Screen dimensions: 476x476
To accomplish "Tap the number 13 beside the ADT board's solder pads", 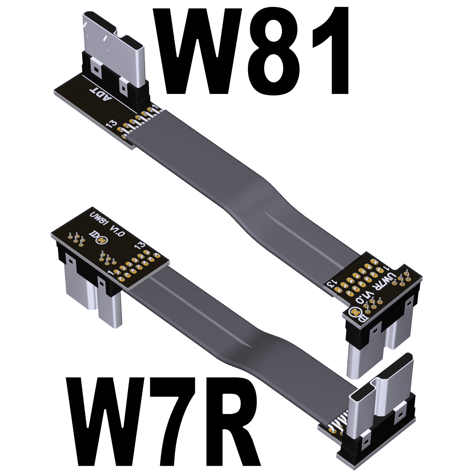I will point(112,123).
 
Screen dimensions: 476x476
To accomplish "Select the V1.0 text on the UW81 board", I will point(118,230).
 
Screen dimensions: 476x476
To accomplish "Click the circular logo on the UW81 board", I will point(102,240).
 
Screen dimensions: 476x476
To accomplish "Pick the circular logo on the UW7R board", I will point(353,313).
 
